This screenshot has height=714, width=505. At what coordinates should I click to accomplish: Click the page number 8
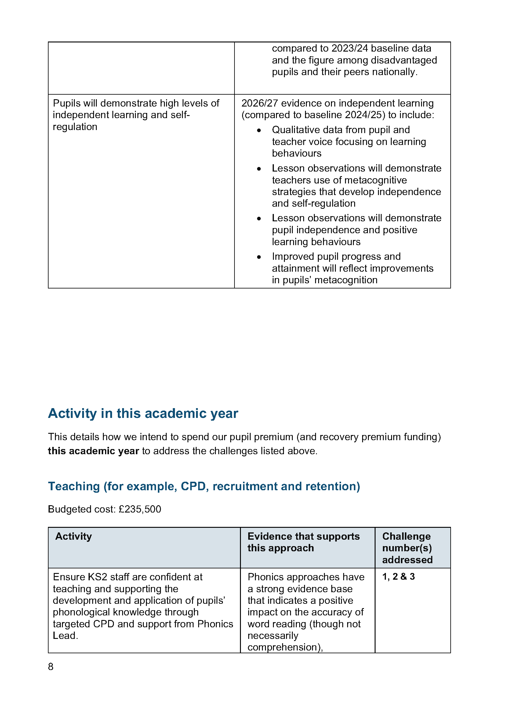[x=51, y=666]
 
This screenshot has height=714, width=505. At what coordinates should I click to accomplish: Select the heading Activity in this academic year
[x=143, y=414]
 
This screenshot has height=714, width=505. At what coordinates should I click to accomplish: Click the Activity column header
[x=74, y=536]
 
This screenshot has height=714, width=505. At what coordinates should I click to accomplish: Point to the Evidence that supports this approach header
[x=303, y=542]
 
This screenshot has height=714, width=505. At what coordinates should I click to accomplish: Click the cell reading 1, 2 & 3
[x=398, y=577]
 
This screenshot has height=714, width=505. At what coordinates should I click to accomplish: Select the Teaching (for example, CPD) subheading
[x=204, y=486]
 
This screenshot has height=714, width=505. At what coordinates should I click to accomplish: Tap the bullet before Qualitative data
[x=259, y=131]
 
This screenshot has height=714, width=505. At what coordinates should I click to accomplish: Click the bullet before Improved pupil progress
[x=259, y=257]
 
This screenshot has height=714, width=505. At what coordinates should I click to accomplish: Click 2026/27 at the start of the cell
[x=259, y=103]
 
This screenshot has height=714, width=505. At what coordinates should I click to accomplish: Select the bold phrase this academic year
[x=93, y=451]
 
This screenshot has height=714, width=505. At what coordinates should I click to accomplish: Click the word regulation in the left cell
[x=75, y=127]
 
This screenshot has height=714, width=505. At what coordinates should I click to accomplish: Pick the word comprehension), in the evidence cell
[x=285, y=647]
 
